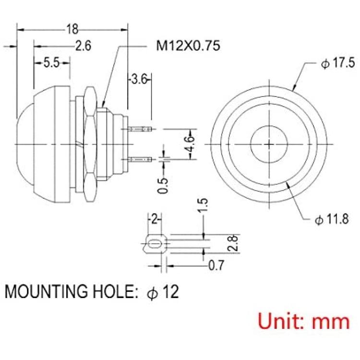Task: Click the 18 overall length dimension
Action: point(72,29)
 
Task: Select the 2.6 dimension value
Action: point(84,46)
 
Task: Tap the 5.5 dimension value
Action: point(52,62)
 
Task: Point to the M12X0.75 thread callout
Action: point(188,46)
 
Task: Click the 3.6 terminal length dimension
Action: point(139,79)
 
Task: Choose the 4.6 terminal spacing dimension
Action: point(190,144)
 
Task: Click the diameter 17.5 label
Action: point(338,63)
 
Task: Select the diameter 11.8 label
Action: point(332,219)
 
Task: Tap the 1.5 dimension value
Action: point(204,205)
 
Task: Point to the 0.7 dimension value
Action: point(216,265)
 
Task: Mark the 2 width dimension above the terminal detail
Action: point(155,219)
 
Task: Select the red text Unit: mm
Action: point(304,321)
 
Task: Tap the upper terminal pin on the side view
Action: point(140,129)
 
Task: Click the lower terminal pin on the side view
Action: point(140,159)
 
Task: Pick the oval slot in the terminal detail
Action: point(154,243)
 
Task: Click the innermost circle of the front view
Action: point(269,126)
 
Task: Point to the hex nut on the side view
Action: point(90,144)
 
